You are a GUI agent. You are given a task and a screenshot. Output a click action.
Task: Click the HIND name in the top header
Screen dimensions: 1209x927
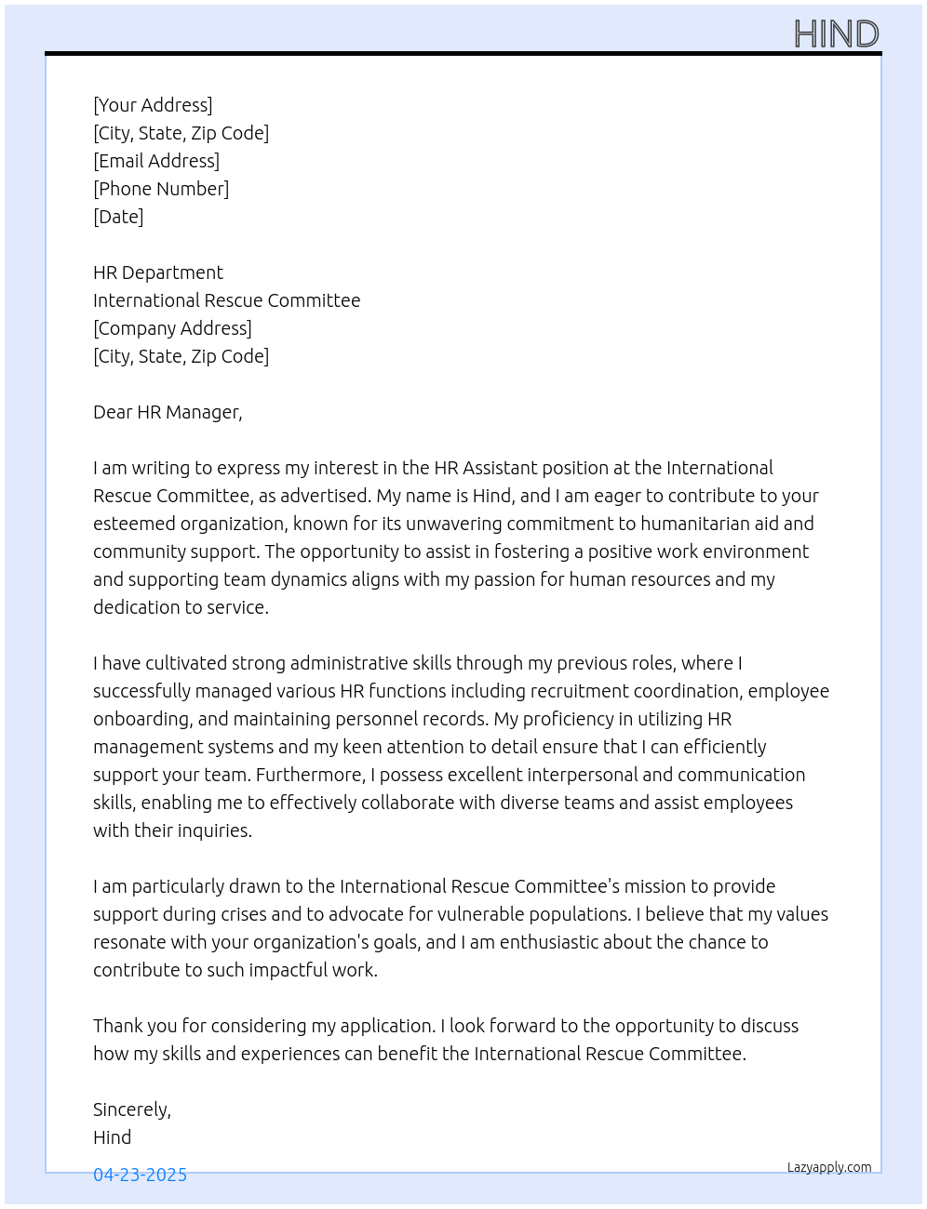[836, 34]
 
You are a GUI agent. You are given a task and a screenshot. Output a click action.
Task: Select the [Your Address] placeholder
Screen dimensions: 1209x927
[153, 105]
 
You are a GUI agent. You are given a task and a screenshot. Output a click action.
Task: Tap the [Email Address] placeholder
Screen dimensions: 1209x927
[156, 161]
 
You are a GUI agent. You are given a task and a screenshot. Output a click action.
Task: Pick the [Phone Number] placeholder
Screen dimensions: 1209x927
[161, 189]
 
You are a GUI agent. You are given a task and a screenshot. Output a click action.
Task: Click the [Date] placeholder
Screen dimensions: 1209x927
[118, 217]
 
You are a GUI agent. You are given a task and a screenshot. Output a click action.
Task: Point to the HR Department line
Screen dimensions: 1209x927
[158, 272]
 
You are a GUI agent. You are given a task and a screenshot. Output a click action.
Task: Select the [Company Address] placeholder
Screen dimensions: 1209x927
[172, 328]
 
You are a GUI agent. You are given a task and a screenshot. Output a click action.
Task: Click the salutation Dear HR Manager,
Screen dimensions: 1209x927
[168, 412]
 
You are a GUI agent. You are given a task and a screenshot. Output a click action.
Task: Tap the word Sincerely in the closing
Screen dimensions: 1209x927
[130, 1109]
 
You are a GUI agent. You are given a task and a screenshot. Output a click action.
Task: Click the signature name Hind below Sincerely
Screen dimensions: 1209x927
[113, 1137]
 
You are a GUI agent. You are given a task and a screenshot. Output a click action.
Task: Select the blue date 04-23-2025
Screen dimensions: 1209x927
[140, 1175]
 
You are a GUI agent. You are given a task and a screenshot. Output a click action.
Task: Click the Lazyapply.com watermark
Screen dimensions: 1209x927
[829, 1167]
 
